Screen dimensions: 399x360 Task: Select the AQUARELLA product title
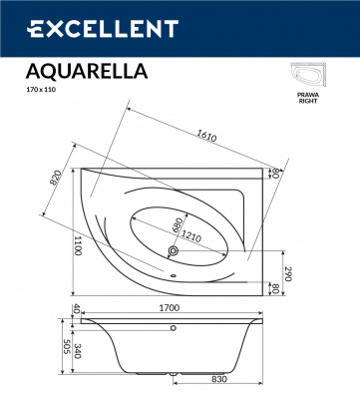click(x=85, y=71)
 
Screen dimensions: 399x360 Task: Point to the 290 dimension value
click(x=289, y=273)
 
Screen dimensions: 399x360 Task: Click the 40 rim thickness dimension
click(x=76, y=310)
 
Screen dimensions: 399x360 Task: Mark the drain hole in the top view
click(x=172, y=251)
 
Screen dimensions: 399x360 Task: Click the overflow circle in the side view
click(x=174, y=326)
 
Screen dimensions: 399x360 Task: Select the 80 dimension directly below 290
click(x=289, y=292)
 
